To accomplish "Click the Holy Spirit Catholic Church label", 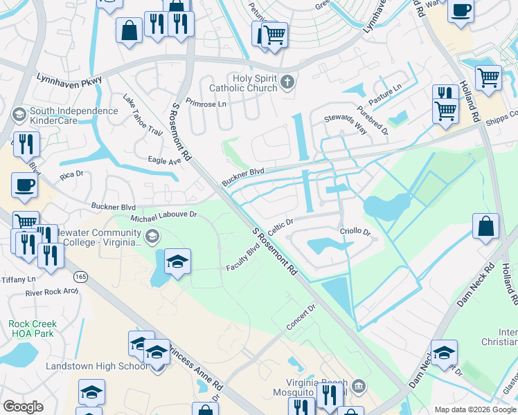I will click(x=242, y=83).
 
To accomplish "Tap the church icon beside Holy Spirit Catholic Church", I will click(x=288, y=84).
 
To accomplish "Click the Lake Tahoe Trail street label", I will click(x=143, y=118).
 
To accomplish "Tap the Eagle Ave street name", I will click(x=164, y=160).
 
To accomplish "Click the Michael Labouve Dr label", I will click(x=165, y=215).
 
